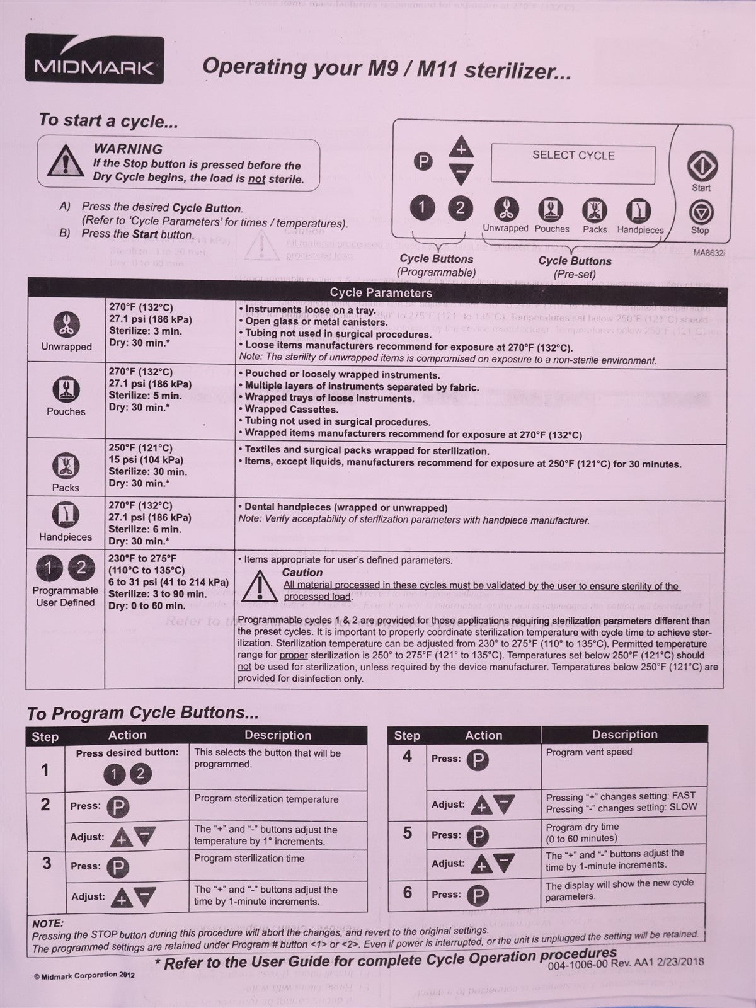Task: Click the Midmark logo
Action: coord(94,60)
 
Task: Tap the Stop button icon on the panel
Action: coord(700,212)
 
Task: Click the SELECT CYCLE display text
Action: coord(573,156)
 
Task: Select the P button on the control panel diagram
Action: coord(423,162)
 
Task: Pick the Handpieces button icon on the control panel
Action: coord(639,210)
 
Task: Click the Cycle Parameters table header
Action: coord(381,292)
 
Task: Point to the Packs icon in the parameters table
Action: coord(66,467)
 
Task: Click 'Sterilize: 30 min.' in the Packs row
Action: coord(147,472)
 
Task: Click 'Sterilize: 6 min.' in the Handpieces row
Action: coord(145,529)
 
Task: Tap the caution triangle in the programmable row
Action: coord(258,585)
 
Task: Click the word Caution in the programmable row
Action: coord(302,573)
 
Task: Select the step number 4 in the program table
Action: coord(407,757)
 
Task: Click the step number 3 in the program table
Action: coord(46,862)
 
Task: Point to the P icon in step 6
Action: coord(477,895)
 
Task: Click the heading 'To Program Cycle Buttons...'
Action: coord(142,713)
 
